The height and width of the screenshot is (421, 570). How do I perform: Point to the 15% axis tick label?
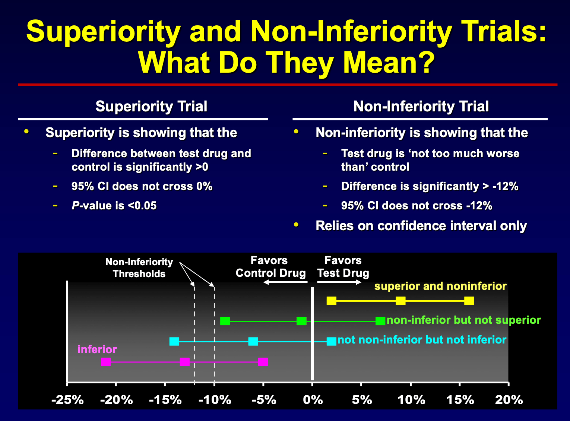(460, 400)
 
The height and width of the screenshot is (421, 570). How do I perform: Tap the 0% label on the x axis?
(313, 400)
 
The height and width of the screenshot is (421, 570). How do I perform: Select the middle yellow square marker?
(400, 301)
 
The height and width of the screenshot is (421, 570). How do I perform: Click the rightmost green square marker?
(380, 321)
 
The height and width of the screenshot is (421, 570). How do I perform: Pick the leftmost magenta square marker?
(106, 361)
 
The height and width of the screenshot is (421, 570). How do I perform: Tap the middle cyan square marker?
(253, 341)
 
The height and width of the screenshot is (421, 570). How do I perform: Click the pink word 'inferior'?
(97, 349)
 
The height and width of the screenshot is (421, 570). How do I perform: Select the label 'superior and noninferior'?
(440, 286)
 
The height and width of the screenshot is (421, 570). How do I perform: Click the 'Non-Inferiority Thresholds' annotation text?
(139, 268)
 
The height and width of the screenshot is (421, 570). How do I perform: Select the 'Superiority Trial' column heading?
(151, 107)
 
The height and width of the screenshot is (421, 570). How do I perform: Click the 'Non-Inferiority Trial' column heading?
(421, 107)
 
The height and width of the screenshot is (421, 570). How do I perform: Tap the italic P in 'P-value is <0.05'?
(75, 206)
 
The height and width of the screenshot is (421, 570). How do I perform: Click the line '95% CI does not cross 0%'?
(142, 186)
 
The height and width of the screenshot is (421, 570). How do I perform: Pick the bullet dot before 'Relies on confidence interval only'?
(296, 225)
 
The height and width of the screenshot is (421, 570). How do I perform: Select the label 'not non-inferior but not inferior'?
(422, 340)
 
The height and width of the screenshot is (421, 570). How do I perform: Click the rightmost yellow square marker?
(469, 301)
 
